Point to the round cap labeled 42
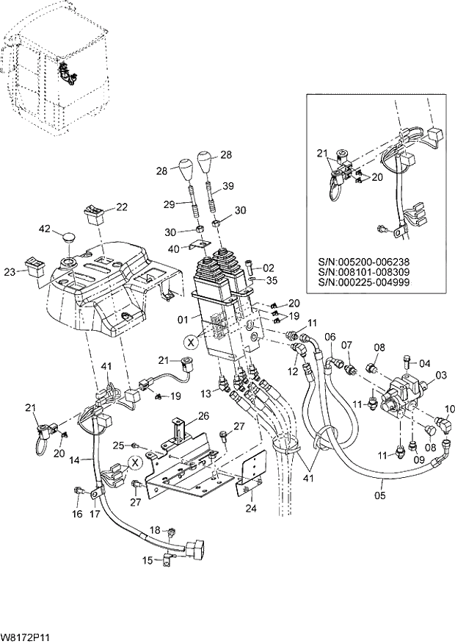click(69, 237)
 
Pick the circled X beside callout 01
click(191, 342)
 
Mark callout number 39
click(227, 187)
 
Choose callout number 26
click(203, 415)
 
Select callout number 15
click(147, 561)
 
